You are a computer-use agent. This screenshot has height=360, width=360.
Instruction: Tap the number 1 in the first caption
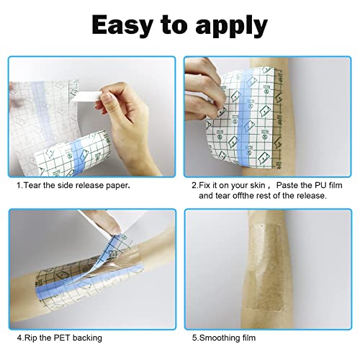click(x=19, y=185)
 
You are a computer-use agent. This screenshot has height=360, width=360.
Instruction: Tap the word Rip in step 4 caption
click(x=32, y=336)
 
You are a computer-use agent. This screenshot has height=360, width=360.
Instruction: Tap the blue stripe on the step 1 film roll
click(x=81, y=148)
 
